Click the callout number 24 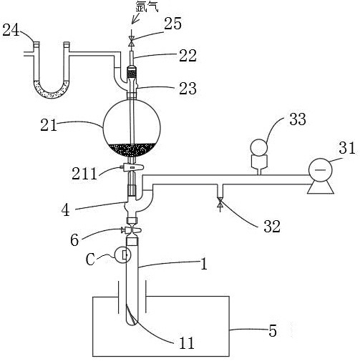(11, 31)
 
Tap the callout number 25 (172, 24)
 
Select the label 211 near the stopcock (84, 174)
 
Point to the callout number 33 (298, 119)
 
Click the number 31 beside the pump (347, 147)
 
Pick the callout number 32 (272, 226)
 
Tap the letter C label (90, 259)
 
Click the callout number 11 (187, 343)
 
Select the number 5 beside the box (273, 331)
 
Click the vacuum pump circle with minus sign (321, 170)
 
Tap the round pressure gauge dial (258, 147)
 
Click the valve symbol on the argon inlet (132, 41)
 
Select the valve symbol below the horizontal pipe (220, 204)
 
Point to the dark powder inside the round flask (132, 150)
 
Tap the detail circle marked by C (123, 255)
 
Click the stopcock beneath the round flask (132, 167)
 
